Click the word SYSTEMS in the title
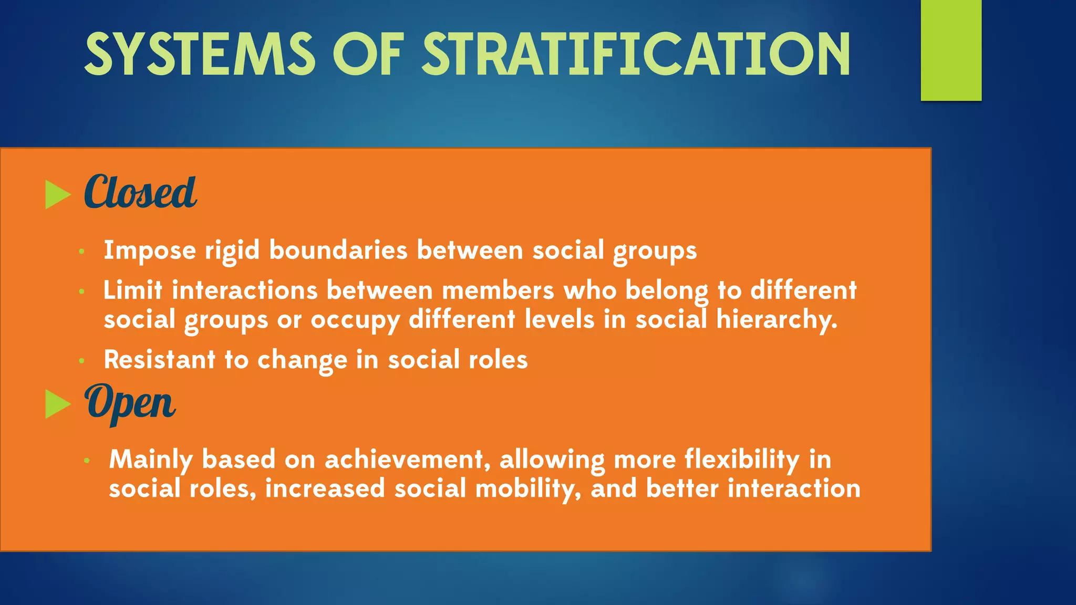tap(200, 54)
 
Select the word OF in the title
tap(368, 54)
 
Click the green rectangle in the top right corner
tap(951, 50)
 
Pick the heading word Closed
tap(140, 192)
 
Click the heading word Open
tap(130, 403)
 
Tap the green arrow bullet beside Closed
tap(58, 195)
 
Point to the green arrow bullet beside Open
tap(58, 404)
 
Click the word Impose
tap(150, 250)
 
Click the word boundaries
tap(338, 250)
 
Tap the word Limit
tap(133, 290)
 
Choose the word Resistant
tap(160, 360)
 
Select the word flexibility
tap(742, 460)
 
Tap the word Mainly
tap(151, 460)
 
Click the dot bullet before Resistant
tap(81, 361)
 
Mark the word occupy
tap(355, 320)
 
